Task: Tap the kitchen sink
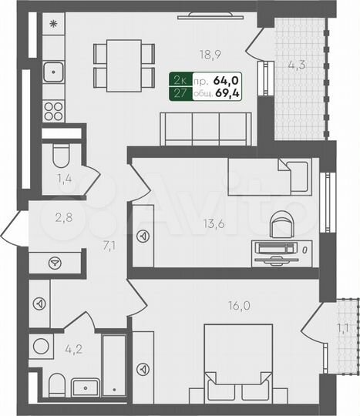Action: click(54, 75)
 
